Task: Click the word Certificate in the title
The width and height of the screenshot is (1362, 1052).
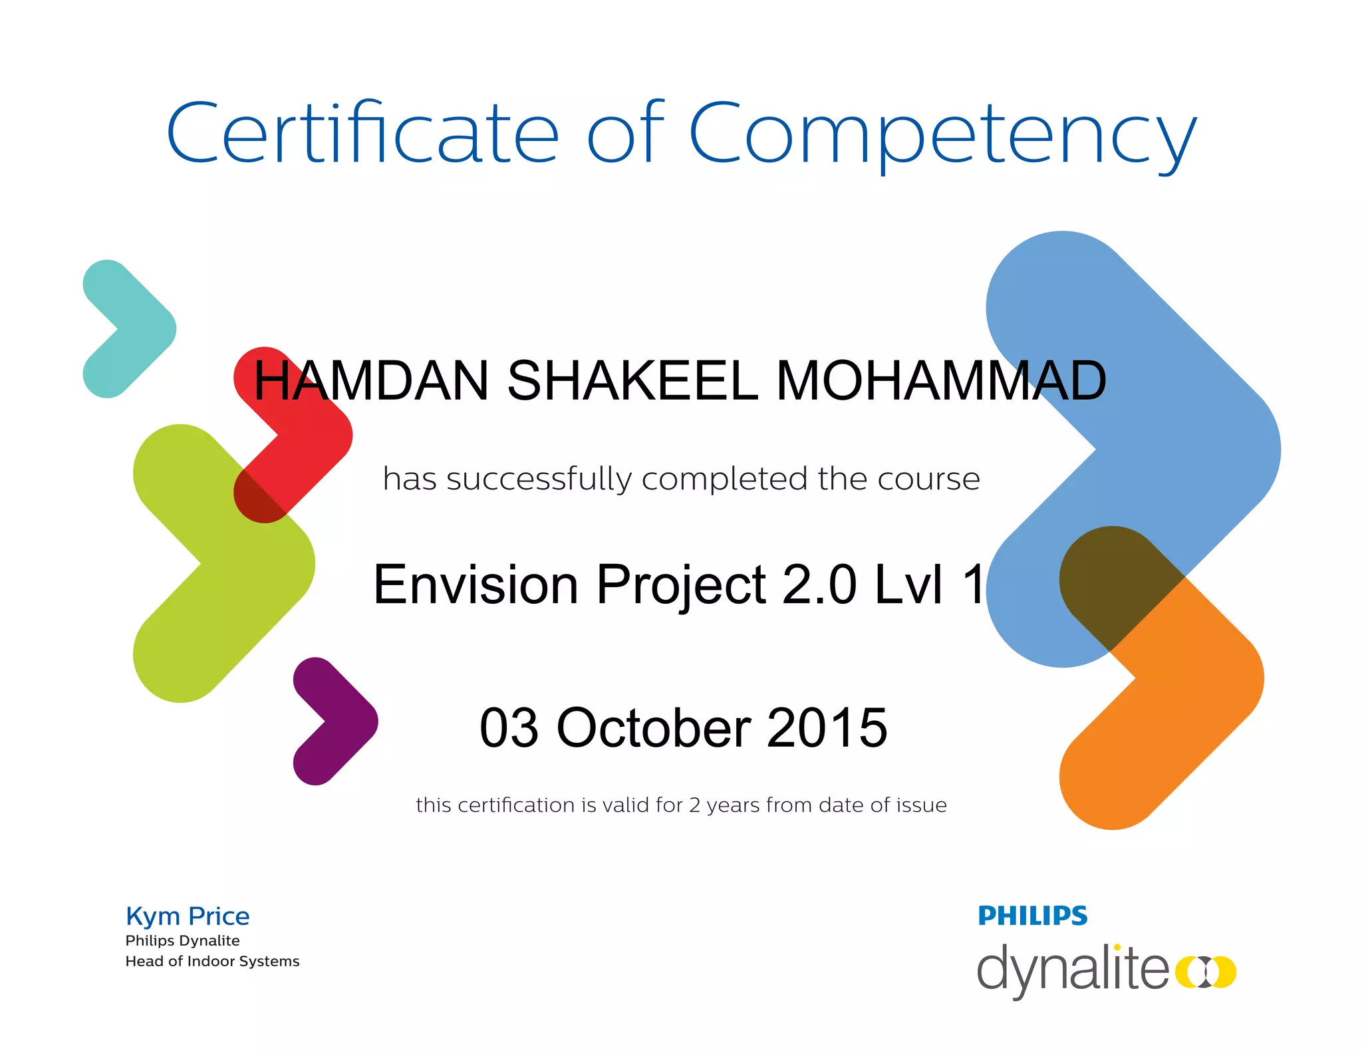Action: pyautogui.click(x=362, y=133)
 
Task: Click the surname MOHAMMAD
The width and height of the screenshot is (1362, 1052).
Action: pyautogui.click(x=940, y=380)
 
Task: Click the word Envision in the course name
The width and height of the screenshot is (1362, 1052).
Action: pyautogui.click(x=476, y=584)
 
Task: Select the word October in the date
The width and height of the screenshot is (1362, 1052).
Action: pyautogui.click(x=654, y=727)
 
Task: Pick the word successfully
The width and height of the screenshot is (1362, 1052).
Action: pyautogui.click(x=539, y=479)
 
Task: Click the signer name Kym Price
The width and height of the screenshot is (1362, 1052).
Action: pyautogui.click(x=188, y=916)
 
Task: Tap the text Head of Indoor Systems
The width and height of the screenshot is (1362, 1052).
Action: pyautogui.click(x=212, y=961)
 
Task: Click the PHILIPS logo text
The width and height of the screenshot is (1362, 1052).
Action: pyautogui.click(x=1032, y=916)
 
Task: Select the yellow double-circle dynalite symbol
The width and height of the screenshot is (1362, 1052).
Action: pyautogui.click(x=1205, y=972)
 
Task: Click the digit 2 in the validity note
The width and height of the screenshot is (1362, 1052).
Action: pyautogui.click(x=694, y=805)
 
